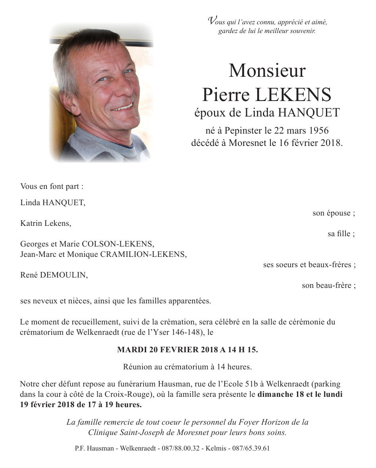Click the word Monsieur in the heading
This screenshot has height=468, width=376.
(x=267, y=71)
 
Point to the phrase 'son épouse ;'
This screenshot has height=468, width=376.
(x=334, y=213)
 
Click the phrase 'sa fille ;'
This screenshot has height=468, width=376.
(x=341, y=234)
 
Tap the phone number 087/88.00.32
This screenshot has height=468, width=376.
(x=180, y=448)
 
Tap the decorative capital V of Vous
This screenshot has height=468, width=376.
(x=213, y=21)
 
